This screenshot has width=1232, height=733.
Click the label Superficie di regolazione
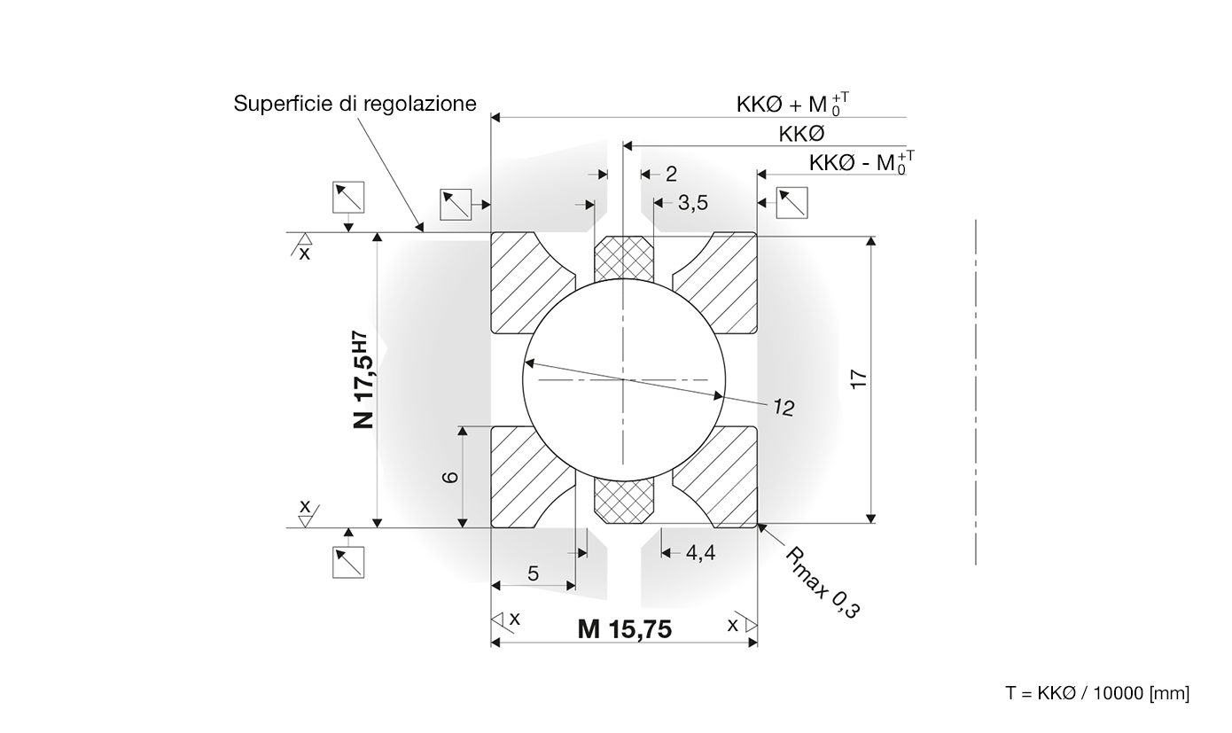(x=355, y=104)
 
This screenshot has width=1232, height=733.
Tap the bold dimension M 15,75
(x=625, y=629)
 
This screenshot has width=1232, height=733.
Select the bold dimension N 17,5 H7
(x=363, y=379)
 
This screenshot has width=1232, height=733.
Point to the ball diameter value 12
(x=784, y=408)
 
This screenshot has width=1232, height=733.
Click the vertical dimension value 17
(x=859, y=379)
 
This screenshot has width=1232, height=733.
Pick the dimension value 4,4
(x=701, y=553)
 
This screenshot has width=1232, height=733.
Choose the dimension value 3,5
(x=693, y=203)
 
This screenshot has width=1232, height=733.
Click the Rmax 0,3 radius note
(x=822, y=582)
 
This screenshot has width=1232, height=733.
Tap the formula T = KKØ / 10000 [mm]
(x=1097, y=693)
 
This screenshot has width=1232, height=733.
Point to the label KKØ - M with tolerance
(x=862, y=162)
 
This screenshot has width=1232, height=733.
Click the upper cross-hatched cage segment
(x=624, y=259)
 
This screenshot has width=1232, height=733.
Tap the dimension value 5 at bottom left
(x=533, y=573)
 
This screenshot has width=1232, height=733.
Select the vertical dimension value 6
(x=450, y=477)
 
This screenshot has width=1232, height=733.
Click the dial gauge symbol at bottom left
(x=348, y=562)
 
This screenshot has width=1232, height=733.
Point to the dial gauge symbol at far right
(x=792, y=203)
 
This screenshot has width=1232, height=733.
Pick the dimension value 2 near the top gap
(x=671, y=175)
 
